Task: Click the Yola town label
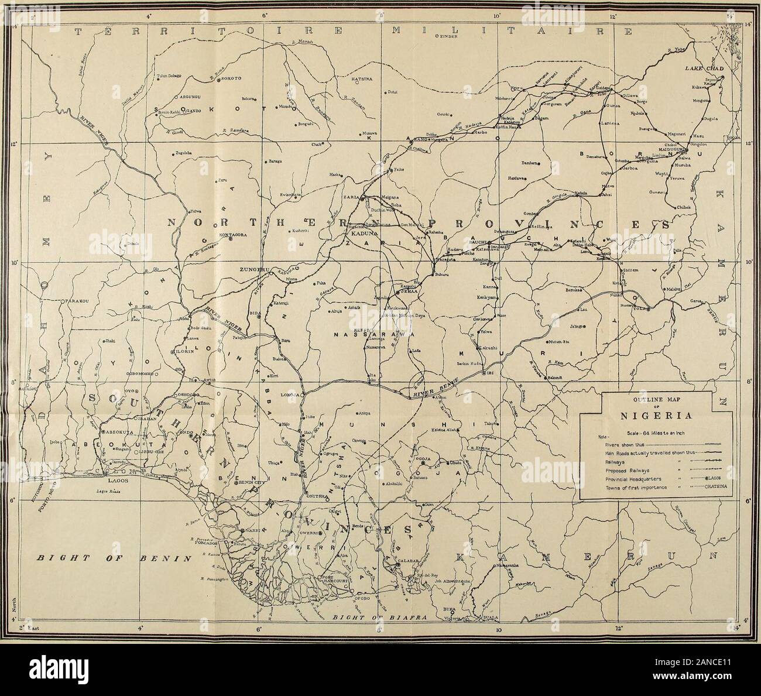click(x=654, y=309)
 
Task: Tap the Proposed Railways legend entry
click(x=611, y=469)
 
